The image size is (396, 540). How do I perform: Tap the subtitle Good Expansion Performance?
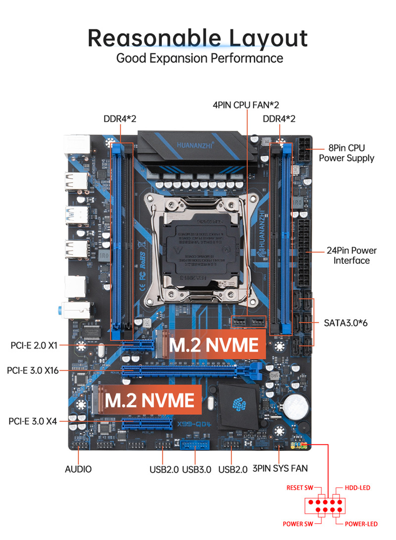click(x=199, y=58)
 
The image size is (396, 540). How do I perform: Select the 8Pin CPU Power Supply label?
click(x=346, y=153)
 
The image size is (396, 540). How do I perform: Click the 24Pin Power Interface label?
click(x=351, y=255)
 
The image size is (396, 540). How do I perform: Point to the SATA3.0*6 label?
click(x=346, y=323)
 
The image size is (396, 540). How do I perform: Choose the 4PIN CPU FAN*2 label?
click(x=246, y=105)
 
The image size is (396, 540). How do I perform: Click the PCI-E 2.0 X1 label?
click(x=33, y=344)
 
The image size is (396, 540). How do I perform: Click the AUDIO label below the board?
click(x=78, y=469)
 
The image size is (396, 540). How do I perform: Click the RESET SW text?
click(x=300, y=488)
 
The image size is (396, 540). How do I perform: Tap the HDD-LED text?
click(x=357, y=488)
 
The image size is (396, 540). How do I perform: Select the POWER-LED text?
click(x=361, y=524)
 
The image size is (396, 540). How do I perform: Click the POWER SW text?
click(x=298, y=524)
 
